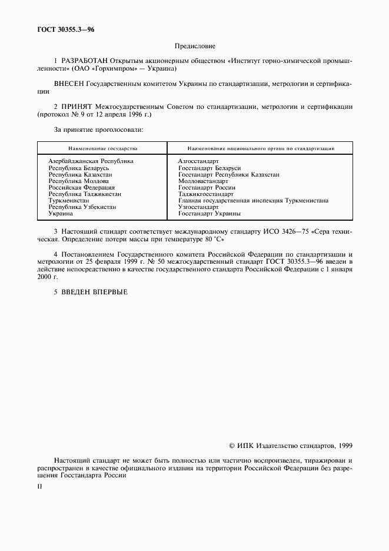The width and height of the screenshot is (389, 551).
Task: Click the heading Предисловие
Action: (195, 46)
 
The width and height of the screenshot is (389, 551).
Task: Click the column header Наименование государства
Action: (102, 149)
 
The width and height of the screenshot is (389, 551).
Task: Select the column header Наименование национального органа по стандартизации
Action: (261, 149)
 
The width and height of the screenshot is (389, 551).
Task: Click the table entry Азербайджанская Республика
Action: (91, 161)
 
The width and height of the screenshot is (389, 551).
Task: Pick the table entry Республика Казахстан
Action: (80, 175)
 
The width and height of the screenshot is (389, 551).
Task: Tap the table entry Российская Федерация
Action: (81, 188)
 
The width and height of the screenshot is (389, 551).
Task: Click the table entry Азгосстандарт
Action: (198, 161)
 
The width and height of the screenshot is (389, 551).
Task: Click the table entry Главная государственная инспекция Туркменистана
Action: (253, 201)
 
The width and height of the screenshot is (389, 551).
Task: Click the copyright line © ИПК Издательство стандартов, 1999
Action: (291, 446)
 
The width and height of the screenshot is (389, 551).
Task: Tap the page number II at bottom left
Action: (40, 487)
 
